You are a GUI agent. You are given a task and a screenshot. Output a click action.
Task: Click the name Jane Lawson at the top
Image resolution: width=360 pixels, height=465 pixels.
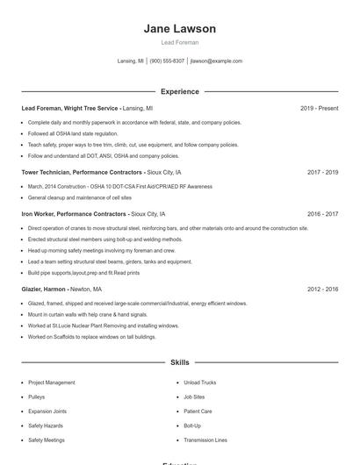click(180, 28)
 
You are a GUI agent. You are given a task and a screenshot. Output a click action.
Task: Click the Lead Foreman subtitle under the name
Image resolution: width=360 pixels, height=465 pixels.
click(180, 42)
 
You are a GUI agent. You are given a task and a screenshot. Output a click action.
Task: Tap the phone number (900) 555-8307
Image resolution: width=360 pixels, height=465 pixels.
click(167, 61)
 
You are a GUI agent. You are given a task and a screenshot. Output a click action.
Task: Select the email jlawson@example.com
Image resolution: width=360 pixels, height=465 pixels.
click(216, 61)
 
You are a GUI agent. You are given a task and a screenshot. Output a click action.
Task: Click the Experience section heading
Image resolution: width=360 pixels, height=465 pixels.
click(180, 91)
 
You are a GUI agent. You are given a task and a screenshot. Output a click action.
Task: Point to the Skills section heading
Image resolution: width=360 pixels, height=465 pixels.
click(180, 361)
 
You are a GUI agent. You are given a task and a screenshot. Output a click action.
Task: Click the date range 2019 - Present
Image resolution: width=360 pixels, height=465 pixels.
click(319, 108)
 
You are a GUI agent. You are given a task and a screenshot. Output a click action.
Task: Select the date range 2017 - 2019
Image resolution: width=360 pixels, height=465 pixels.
click(322, 173)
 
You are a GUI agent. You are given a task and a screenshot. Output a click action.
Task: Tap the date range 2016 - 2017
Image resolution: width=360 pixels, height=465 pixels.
click(322, 213)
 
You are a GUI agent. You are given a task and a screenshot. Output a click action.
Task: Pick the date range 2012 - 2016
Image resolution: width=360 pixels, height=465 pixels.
click(322, 289)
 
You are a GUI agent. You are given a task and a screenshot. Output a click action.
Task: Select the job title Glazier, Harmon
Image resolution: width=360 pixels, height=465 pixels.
click(45, 289)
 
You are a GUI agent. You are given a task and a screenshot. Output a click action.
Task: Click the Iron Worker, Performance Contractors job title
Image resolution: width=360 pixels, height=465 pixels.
click(74, 213)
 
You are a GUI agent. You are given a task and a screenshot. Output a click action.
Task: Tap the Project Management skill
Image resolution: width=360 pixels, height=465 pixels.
click(51, 383)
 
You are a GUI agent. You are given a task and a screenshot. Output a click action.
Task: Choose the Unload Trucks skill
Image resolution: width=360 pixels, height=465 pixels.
click(201, 383)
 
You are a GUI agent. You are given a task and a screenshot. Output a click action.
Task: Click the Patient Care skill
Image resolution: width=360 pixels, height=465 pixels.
click(198, 411)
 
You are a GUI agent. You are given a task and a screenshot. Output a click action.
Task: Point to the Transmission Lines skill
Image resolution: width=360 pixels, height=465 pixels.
click(205, 440)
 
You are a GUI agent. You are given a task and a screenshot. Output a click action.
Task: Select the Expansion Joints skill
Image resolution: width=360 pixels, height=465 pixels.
click(47, 411)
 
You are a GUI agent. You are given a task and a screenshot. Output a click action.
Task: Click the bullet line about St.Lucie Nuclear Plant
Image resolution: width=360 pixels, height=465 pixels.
click(103, 325)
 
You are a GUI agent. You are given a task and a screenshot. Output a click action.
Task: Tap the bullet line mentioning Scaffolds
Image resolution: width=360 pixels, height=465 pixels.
click(91, 337)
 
